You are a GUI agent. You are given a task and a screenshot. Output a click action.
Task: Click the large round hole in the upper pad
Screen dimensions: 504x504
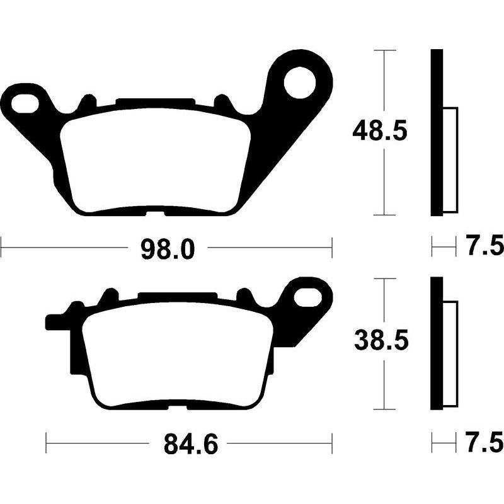[299, 82]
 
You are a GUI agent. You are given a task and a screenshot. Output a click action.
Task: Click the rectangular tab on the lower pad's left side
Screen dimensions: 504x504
[55, 322]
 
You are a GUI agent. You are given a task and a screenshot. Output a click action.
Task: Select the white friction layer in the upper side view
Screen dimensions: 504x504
[450, 160]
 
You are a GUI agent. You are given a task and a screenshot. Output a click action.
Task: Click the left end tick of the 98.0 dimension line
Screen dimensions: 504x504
[1, 248]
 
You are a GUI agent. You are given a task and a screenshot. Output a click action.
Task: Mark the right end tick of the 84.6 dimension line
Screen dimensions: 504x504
[331, 444]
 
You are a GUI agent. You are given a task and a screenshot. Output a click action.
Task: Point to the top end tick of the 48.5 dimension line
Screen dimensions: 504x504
[384, 50]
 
